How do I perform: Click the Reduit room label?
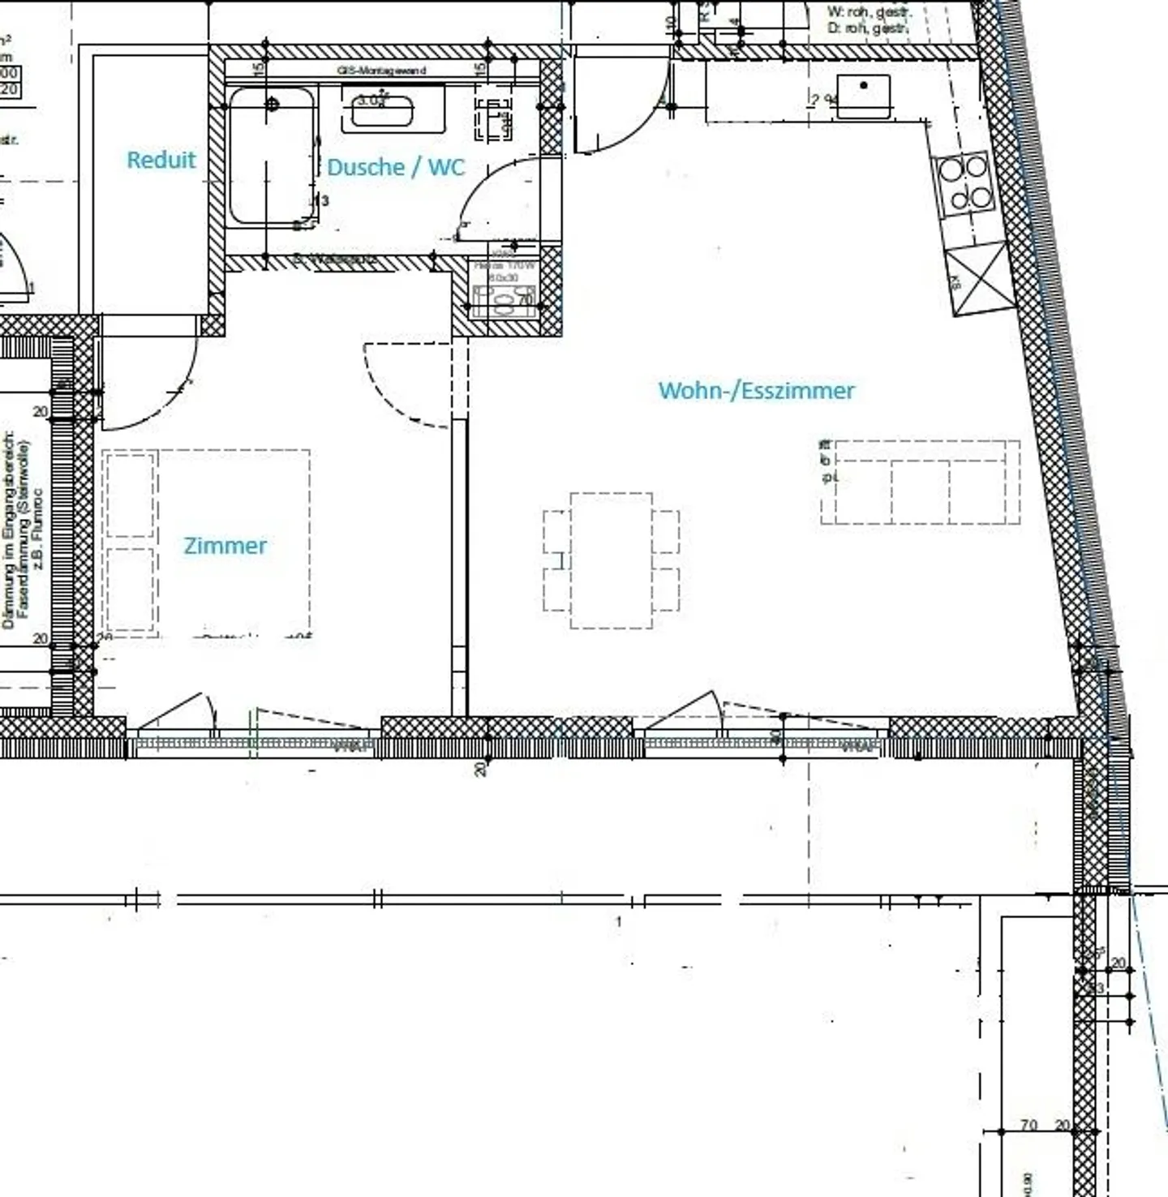[x=161, y=160]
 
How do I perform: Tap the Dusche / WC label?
[x=395, y=167]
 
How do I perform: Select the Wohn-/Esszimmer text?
[x=756, y=391]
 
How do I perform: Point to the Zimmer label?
[x=225, y=546]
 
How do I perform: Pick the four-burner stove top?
[x=965, y=183]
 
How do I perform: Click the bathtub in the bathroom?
[x=271, y=156]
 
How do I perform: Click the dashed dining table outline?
[x=611, y=560]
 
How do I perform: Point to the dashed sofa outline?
[x=920, y=482]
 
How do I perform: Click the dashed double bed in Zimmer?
[x=207, y=542]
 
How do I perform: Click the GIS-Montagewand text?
[x=381, y=71]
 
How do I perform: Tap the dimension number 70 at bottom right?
[x=1028, y=1125]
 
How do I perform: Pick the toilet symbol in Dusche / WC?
[x=493, y=118]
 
